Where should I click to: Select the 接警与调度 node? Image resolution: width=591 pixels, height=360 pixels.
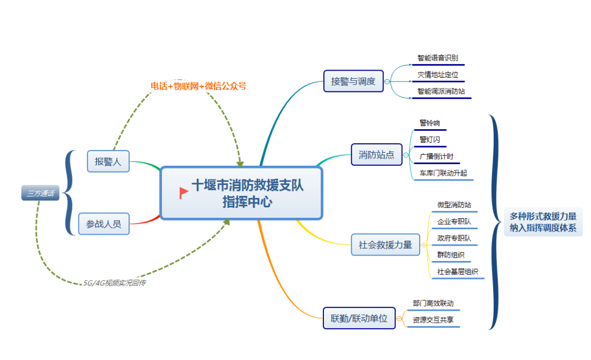click(354, 82)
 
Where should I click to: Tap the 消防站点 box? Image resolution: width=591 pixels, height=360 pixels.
click(376, 155)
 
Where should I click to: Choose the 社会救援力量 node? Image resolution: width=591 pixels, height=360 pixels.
click(385, 245)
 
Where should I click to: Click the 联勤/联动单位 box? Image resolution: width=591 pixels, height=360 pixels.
click(359, 318)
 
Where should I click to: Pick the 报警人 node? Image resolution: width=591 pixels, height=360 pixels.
click(108, 161)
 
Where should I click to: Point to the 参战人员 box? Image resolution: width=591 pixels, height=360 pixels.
click(104, 223)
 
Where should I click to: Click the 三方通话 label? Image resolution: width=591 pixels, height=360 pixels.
click(40, 193)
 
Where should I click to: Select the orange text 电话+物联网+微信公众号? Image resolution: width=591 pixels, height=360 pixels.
click(199, 86)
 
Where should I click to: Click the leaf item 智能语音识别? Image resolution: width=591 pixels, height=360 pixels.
click(437, 58)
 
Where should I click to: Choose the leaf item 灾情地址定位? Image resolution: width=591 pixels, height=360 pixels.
click(437, 74)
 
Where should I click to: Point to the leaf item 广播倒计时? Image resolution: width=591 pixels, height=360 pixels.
click(436, 156)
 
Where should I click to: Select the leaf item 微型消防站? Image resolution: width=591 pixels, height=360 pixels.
click(454, 205)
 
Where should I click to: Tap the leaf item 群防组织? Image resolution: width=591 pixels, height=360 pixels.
click(451, 255)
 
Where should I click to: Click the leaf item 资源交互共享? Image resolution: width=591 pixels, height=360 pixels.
click(433, 320)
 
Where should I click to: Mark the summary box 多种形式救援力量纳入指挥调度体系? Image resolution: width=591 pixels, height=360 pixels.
click(543, 223)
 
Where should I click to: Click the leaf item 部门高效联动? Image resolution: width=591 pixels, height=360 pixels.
click(433, 303)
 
